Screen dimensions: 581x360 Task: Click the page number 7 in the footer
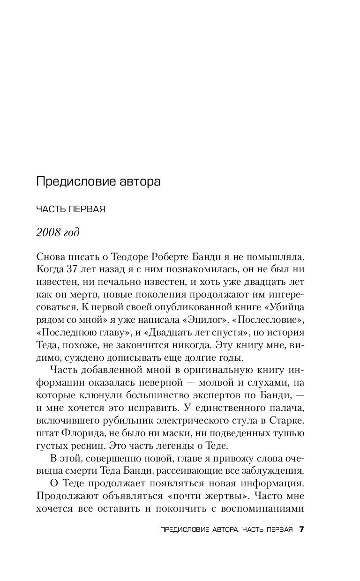point(302,529)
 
